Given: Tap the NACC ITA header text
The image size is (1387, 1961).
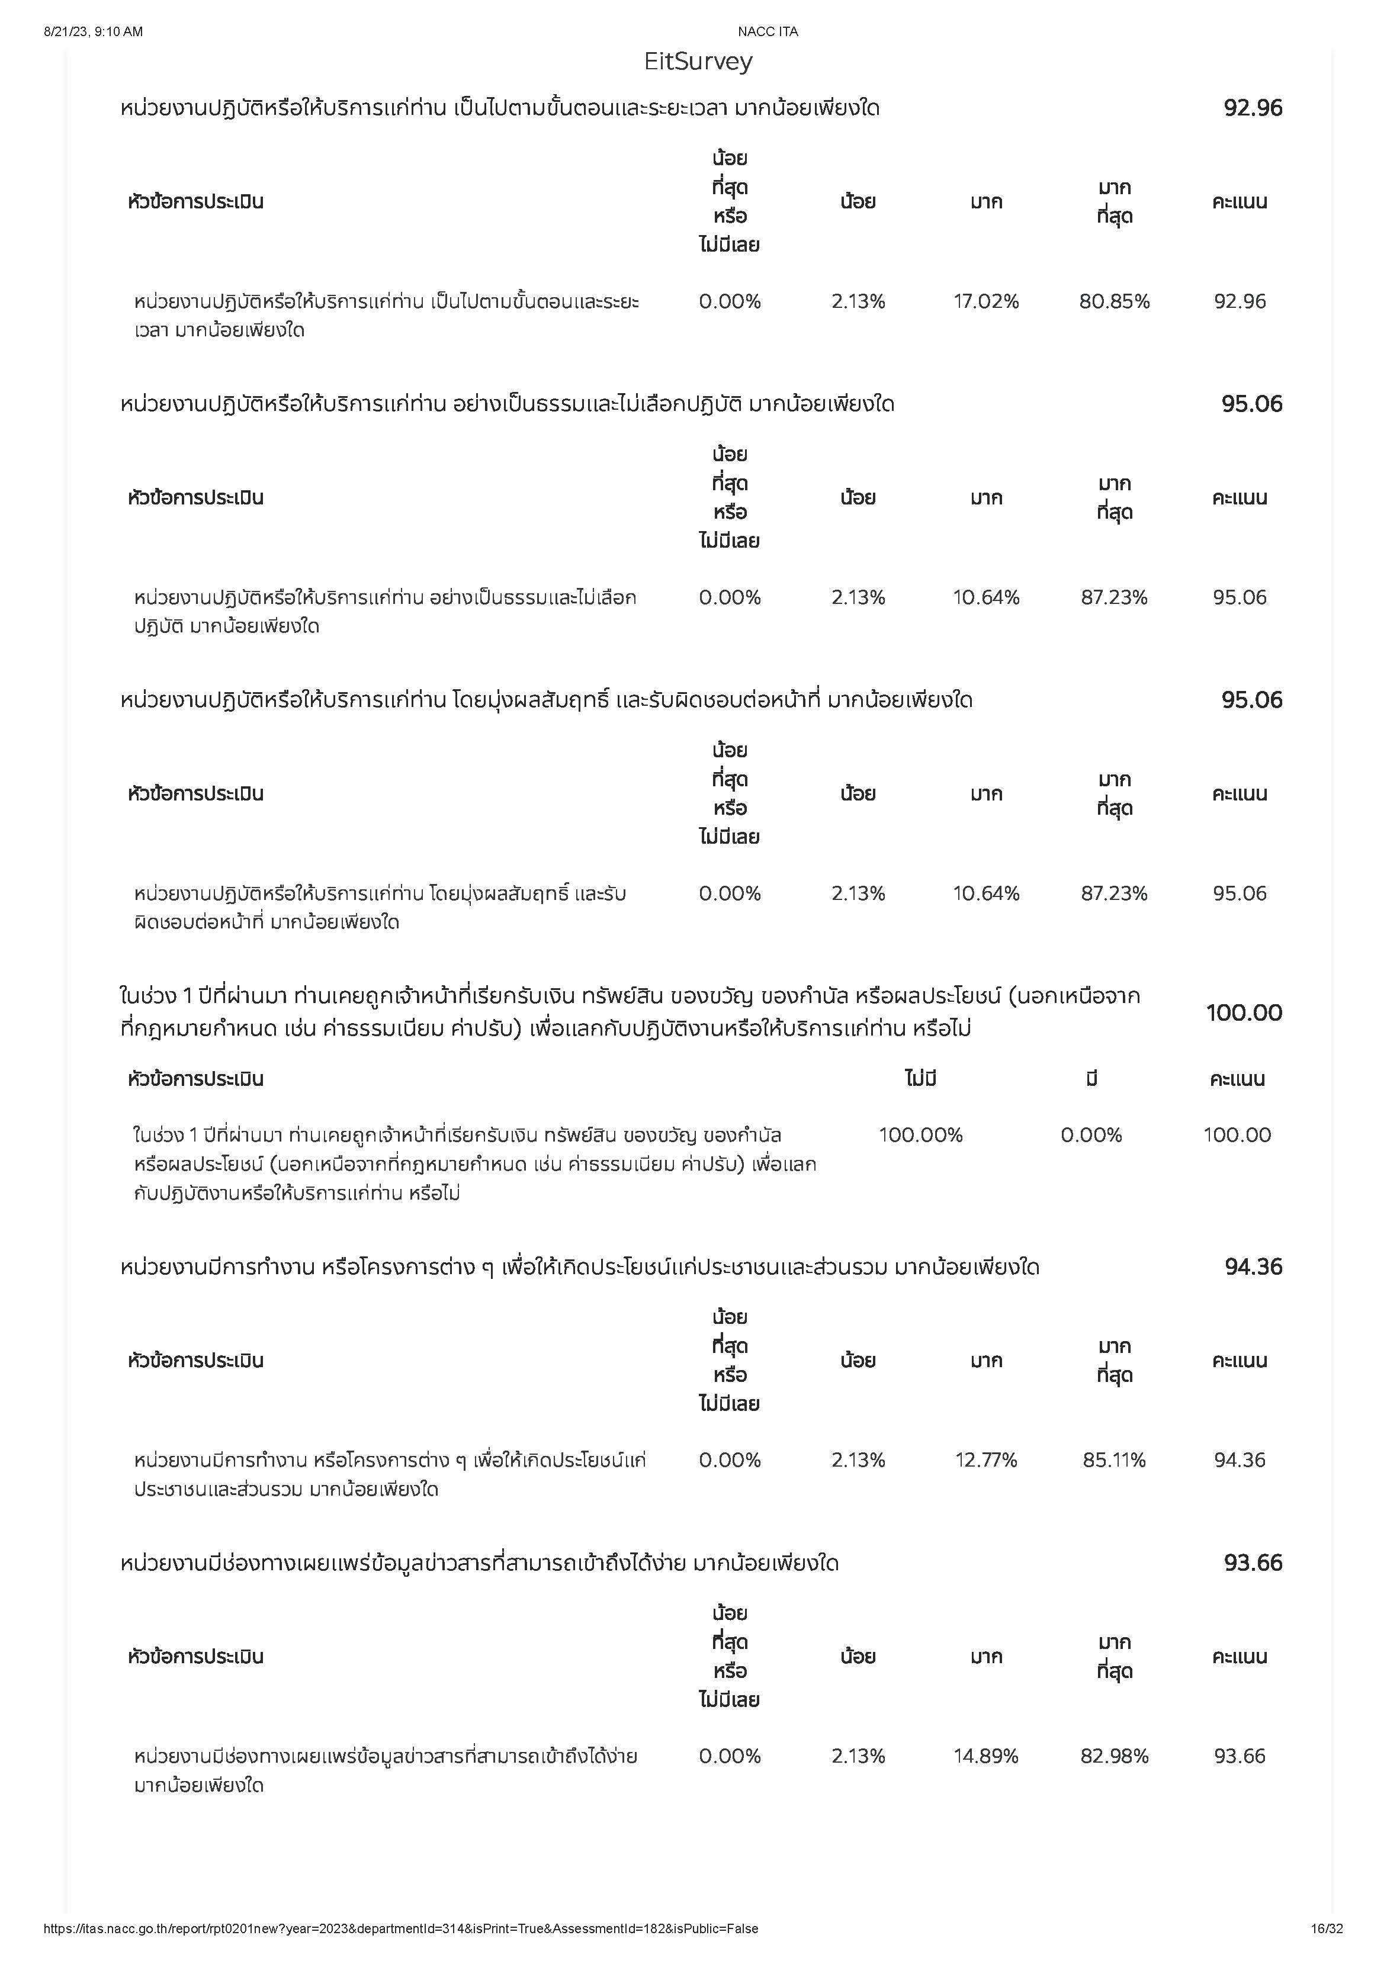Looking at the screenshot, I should click(767, 31).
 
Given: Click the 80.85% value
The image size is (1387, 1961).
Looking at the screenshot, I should click(1114, 301).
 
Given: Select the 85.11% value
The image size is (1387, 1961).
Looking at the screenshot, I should click(1114, 1460).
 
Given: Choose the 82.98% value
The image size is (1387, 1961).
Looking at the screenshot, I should click(1114, 1756).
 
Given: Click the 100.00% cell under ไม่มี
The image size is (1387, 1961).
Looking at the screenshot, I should click(921, 1135).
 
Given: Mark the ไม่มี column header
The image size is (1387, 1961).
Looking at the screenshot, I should click(921, 1079).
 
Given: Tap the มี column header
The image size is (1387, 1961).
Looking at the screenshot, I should click(1091, 1079).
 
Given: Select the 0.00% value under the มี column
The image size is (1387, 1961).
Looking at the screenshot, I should click(1091, 1135).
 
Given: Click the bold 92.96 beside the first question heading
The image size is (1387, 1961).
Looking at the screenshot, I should click(1253, 108).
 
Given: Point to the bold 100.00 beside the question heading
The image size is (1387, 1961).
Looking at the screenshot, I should click(1244, 1013).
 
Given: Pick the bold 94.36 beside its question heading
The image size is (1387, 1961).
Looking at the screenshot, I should click(1253, 1266).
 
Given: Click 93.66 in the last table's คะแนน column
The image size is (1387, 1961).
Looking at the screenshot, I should click(1240, 1756).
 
